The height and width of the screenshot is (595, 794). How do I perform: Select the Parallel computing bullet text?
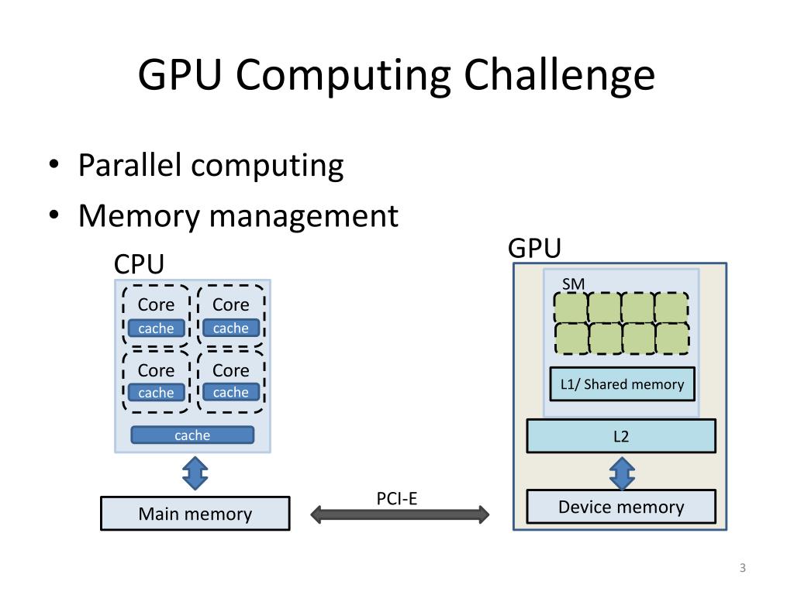pyautogui.click(x=211, y=166)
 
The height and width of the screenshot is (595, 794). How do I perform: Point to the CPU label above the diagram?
pyautogui.click(x=139, y=264)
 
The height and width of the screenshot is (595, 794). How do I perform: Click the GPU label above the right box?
pyautogui.click(x=534, y=249)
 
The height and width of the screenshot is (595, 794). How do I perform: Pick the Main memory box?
pyautogui.click(x=195, y=514)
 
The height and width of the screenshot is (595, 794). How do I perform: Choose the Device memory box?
pyautogui.click(x=621, y=507)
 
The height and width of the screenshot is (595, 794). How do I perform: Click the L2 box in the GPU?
pyautogui.click(x=621, y=436)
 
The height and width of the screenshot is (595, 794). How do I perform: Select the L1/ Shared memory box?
pyautogui.click(x=622, y=384)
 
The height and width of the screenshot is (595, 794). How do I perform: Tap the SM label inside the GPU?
pyautogui.click(x=573, y=284)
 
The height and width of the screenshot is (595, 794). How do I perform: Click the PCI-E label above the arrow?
pyautogui.click(x=397, y=498)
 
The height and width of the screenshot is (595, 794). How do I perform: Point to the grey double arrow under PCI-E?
pyautogui.click(x=400, y=514)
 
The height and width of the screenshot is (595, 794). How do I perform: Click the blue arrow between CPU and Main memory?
pyautogui.click(x=195, y=473)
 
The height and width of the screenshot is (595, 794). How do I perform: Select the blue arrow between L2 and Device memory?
pyautogui.click(x=622, y=472)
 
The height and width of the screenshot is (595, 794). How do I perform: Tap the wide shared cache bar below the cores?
pyautogui.click(x=192, y=435)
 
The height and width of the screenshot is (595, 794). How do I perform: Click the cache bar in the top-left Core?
pyautogui.click(x=156, y=328)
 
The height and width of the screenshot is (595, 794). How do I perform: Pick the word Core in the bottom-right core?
pyautogui.click(x=231, y=370)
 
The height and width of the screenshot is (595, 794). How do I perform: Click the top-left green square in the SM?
pyautogui.click(x=570, y=308)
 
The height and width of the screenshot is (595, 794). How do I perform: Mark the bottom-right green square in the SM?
pyautogui.click(x=672, y=338)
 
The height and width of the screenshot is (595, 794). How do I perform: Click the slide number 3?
pyautogui.click(x=742, y=569)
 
